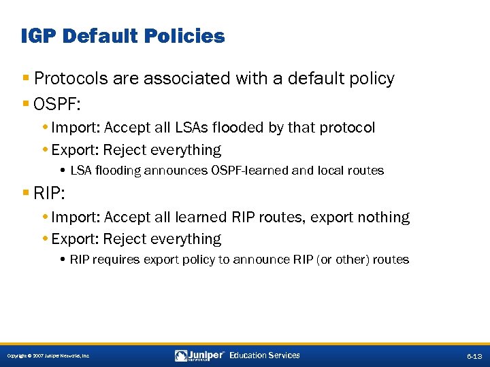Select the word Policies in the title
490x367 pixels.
coord(186,36)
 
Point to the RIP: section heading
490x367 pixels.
coord(49,194)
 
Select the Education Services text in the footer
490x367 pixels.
coord(265,355)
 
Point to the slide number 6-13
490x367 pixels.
coord(474,356)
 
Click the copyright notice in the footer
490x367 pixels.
coord(48,356)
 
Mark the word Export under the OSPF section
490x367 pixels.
coord(75,150)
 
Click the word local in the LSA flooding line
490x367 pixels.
coord(331,171)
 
